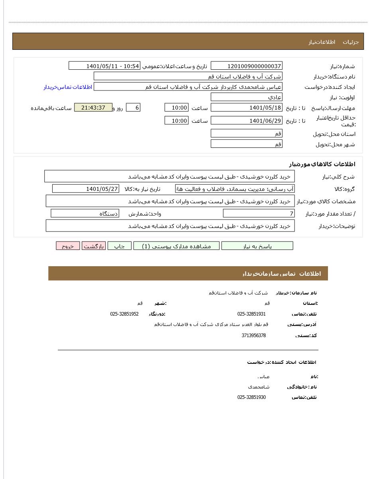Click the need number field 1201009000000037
247,66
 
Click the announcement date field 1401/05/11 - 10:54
104,66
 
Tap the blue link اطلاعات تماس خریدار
68,87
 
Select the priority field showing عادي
247,97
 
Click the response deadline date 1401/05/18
247,108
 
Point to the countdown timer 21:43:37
93,108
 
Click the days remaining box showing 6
133,108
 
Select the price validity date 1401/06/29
247,121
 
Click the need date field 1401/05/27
86,189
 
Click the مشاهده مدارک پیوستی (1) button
177,246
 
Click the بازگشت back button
94,246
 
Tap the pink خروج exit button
68,246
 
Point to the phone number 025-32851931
251,314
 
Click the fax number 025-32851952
124,314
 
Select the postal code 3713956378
253,336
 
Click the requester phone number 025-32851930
251,397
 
